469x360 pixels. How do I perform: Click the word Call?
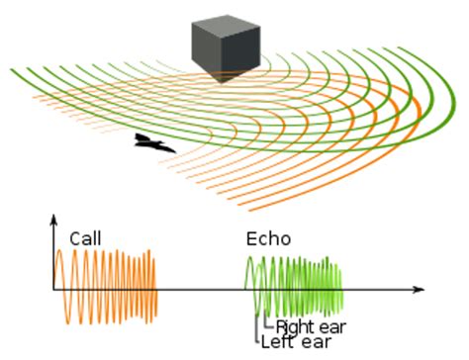(x=85, y=238)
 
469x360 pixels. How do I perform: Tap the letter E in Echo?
(x=251, y=238)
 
